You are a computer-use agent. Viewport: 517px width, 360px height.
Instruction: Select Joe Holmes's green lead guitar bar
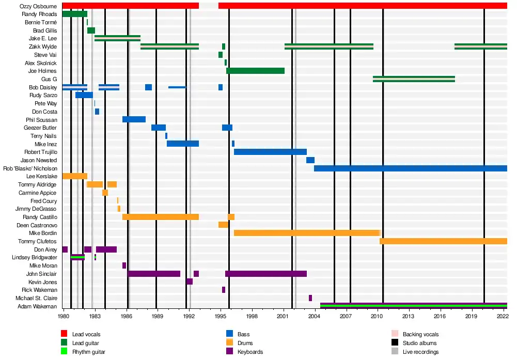coord(255,71)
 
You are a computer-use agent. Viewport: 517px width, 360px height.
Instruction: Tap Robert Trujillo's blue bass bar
coord(270,152)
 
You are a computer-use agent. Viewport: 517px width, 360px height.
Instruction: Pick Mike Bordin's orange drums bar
coord(307,233)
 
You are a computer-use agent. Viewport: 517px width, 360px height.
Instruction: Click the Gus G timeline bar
coord(414,79)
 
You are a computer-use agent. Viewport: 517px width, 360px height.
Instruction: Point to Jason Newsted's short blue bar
coord(310,160)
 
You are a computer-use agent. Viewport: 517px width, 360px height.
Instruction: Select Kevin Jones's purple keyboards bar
coord(190,281)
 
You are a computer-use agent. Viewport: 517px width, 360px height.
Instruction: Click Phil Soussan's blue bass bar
coord(134,119)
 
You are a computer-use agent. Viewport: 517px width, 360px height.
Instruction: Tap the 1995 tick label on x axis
coord(221,315)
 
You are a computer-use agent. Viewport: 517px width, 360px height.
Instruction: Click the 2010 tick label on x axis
coord(377,315)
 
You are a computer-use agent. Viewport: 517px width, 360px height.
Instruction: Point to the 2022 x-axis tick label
coord(502,315)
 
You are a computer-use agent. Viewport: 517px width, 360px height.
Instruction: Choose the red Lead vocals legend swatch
coord(65,334)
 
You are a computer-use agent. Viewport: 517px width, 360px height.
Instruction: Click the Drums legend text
coord(245,343)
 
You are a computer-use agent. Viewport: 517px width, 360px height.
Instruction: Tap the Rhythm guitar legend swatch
coord(65,352)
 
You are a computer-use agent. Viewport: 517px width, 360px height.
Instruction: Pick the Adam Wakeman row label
coord(40,306)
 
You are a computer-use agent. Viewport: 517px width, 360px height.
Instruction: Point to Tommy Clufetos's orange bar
coord(443,241)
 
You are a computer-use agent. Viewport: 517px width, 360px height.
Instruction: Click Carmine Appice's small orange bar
coord(105,193)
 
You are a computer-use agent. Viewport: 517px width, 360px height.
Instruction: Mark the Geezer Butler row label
coord(40,128)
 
